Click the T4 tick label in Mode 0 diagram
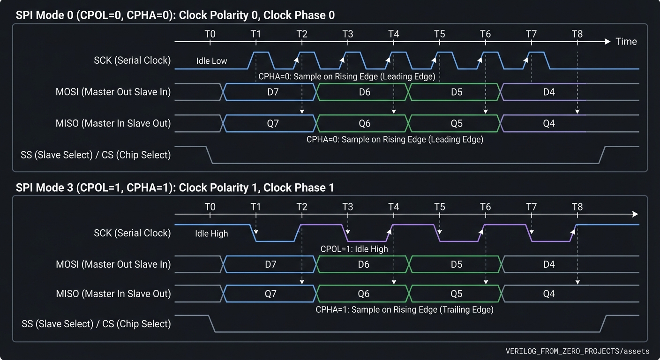394,34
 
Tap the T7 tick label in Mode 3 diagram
531,206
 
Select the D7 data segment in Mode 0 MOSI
273,92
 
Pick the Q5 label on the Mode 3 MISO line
457,294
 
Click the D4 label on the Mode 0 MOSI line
549,92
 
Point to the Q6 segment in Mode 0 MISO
365,123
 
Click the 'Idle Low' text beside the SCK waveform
212,61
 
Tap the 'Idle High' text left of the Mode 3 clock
211,233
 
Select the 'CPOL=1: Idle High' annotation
354,249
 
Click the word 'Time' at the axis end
626,42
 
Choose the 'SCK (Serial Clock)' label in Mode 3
132,233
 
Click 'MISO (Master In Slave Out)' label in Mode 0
113,123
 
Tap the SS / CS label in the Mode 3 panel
96,324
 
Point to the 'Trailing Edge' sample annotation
404,309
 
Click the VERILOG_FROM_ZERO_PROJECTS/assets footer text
577,351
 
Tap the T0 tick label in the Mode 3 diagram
210,206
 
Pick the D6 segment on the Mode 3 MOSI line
364,264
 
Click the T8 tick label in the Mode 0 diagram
577,34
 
